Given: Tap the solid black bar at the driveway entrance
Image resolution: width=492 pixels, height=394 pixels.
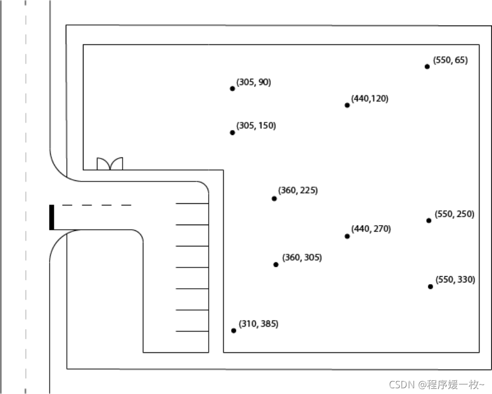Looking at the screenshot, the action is click(x=52, y=217).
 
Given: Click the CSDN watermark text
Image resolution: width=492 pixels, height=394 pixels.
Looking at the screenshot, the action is click(x=437, y=384).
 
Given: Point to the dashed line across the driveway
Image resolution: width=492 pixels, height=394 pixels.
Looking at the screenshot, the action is click(x=97, y=205).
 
